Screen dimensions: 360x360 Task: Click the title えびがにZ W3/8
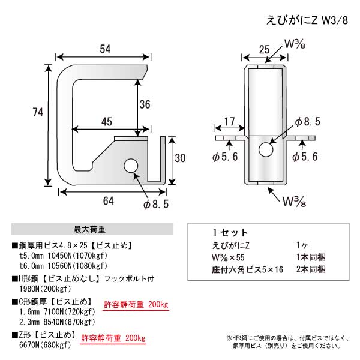(307, 20)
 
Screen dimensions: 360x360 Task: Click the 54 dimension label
(105, 49)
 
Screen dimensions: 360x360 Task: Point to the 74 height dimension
(38, 112)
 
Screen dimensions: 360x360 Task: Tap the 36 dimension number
(145, 104)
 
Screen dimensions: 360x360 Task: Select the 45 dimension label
(107, 122)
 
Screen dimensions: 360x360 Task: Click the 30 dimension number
(180, 158)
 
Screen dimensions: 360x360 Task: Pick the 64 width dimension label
(109, 201)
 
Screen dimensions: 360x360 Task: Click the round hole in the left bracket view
(131, 166)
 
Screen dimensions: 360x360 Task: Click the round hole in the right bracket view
(266, 149)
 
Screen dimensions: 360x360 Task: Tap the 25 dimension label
(264, 50)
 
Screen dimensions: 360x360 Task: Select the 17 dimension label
(229, 121)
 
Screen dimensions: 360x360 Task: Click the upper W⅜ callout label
(295, 44)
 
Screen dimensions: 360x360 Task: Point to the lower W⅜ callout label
(294, 202)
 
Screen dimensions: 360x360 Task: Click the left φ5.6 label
(225, 157)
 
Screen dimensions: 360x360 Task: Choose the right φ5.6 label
(305, 157)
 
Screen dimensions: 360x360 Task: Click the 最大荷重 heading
(89, 229)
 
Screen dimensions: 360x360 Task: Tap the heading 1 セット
(230, 233)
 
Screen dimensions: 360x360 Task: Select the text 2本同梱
(311, 269)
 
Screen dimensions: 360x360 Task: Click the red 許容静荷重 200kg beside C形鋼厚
(136, 304)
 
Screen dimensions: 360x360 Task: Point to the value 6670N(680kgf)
(45, 345)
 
